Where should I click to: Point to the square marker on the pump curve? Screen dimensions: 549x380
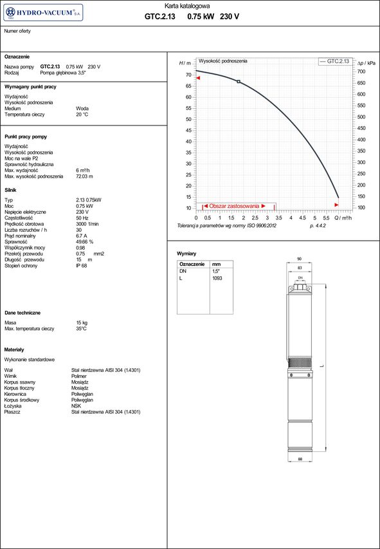tap(239, 82)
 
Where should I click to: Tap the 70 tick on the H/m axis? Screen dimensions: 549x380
tap(189, 75)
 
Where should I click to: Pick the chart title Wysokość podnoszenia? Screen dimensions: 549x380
tap(222, 60)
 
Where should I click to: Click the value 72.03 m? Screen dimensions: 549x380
tap(84, 176)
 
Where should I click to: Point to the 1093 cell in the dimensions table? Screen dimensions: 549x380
tap(217, 279)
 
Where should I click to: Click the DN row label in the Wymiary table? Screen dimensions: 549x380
tap(183, 272)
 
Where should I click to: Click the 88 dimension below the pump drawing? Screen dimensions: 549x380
tap(300, 458)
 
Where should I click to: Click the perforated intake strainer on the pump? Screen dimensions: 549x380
tap(300, 364)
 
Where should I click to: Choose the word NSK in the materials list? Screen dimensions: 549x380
tap(76, 406)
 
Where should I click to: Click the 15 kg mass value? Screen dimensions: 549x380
tap(82, 322)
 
